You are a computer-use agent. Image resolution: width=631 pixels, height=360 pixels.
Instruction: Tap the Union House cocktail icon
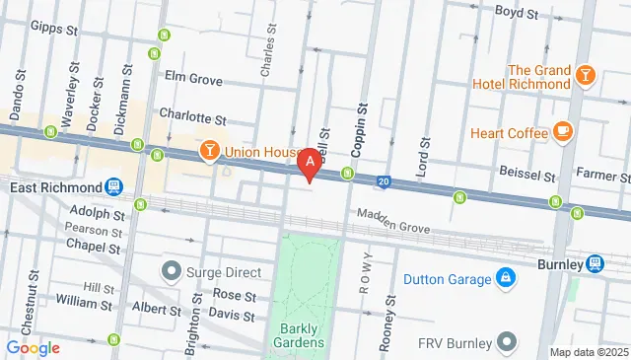pyautogui.click(x=209, y=151)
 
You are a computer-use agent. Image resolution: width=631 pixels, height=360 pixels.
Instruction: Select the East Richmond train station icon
pyautogui.click(x=114, y=186)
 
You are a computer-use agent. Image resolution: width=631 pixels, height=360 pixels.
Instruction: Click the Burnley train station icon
pyautogui.click(x=595, y=263)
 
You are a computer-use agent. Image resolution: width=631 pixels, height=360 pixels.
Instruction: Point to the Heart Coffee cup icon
pyautogui.click(x=563, y=132)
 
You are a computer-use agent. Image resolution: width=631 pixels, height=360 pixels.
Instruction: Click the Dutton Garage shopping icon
pyautogui.click(x=505, y=279)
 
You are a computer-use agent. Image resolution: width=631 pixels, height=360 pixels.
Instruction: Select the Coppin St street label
pyautogui.click(x=360, y=131)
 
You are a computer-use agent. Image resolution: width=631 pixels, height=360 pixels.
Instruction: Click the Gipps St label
pyautogui.click(x=54, y=30)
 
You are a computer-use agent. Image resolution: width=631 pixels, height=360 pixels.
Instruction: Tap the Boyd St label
pyautogui.click(x=516, y=13)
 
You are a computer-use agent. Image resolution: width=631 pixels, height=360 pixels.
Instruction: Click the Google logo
pyautogui.click(x=33, y=347)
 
